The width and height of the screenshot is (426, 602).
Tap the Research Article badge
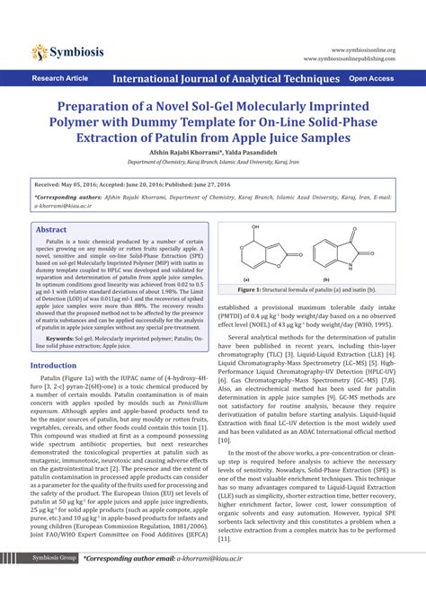pyautogui.click(x=59, y=79)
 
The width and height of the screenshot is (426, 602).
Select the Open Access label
pyautogui.click(x=371, y=79)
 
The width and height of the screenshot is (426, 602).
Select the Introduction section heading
pyautogui.click(x=54, y=341)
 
